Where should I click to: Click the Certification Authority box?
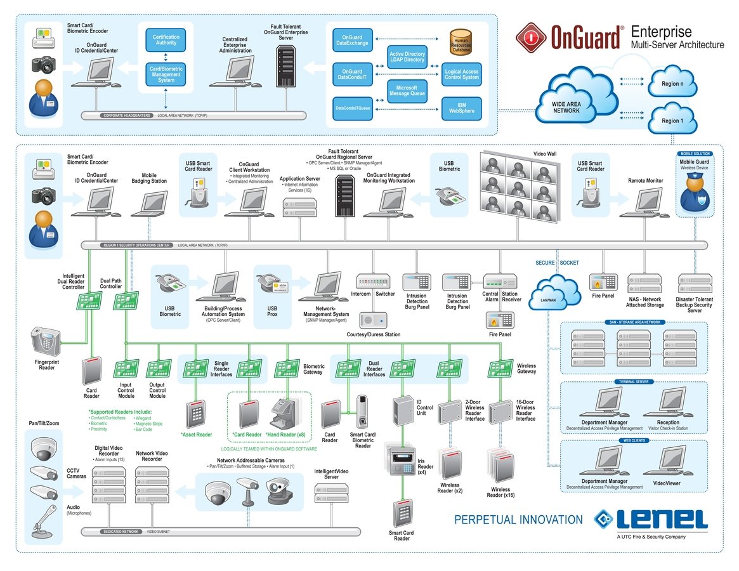click(x=166, y=41)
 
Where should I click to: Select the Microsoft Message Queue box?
click(x=407, y=91)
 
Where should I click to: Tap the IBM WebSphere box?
click(x=461, y=107)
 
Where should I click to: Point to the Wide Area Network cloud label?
click(x=566, y=107)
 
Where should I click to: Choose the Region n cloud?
click(x=672, y=84)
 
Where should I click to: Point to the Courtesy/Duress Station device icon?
click(x=374, y=320)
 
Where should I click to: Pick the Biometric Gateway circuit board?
click(x=287, y=369)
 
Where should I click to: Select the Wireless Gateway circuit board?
click(x=500, y=369)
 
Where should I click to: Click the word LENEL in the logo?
click(x=662, y=518)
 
